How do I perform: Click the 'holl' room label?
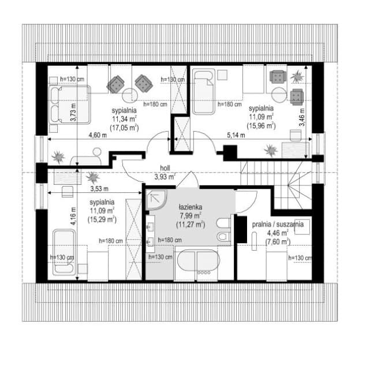165,168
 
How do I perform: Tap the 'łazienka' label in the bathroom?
191,207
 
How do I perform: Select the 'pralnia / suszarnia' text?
278,224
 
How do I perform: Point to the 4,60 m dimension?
98,135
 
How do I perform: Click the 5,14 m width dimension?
236,135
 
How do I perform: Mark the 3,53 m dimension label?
99,189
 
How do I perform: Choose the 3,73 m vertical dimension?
73,113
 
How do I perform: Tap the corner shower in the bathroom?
156,199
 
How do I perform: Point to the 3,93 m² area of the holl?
165,177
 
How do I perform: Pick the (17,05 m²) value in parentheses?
124,128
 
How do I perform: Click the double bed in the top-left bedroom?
70,105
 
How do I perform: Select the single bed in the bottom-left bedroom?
64,252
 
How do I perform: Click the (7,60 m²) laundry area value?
278,242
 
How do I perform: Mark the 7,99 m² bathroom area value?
191,216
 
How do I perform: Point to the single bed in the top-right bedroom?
204,92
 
